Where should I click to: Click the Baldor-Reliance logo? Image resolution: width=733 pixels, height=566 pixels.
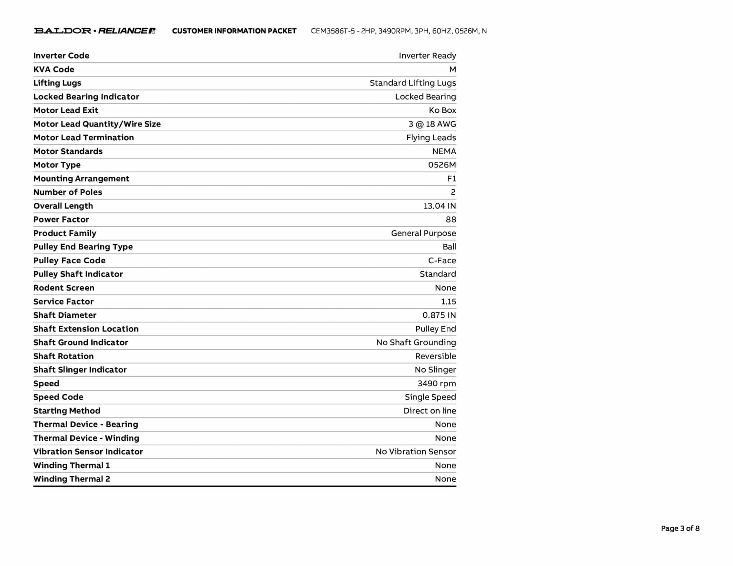(94, 31)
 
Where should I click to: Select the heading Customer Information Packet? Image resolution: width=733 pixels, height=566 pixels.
(234, 31)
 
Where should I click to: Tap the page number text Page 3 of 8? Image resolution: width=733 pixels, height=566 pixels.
(680, 528)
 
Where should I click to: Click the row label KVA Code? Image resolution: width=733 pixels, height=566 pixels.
(54, 69)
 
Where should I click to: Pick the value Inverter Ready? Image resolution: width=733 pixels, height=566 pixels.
(427, 56)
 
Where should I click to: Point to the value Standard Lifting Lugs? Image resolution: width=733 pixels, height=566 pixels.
(413, 83)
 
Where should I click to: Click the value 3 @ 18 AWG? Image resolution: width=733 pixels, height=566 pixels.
(432, 124)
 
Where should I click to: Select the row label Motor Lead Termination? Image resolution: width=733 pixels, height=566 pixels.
(83, 138)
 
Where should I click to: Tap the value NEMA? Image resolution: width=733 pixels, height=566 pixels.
(444, 151)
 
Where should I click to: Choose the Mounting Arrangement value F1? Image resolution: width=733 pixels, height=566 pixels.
(451, 179)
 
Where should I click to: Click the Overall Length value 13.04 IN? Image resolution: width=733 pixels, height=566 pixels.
(440, 206)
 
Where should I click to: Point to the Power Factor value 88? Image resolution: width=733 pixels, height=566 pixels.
(451, 220)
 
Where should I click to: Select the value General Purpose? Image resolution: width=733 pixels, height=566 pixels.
(423, 233)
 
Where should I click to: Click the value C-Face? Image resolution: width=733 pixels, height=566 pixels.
(442, 261)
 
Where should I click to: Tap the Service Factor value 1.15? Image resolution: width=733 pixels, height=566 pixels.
(448, 302)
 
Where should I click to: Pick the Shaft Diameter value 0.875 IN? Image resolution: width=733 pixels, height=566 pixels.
(439, 315)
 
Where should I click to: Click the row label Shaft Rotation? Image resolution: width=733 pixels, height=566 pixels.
(63, 356)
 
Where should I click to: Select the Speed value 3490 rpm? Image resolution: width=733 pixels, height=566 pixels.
(437, 384)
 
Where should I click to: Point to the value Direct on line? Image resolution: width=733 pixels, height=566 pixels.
(429, 411)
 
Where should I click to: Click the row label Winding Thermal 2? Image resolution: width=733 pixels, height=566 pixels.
(72, 479)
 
